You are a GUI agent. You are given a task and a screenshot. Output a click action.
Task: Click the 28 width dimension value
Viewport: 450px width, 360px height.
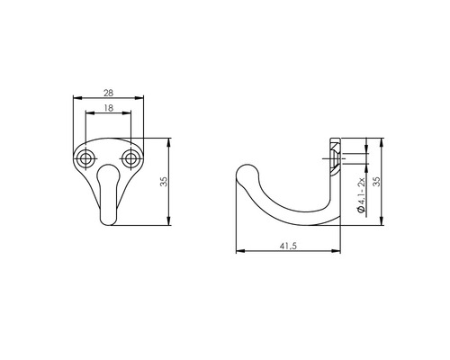pos(108,92)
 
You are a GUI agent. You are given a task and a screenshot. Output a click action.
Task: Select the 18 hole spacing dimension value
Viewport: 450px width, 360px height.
pos(108,108)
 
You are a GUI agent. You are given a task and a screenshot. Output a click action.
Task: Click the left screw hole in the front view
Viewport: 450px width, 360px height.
pos(86,160)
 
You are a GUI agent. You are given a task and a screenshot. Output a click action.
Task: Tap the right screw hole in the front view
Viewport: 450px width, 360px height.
pos(130,160)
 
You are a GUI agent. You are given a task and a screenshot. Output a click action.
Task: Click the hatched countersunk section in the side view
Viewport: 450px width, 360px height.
pos(334,156)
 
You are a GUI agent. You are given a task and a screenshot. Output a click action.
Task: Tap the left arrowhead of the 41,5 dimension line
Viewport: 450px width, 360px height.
pos(238,251)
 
